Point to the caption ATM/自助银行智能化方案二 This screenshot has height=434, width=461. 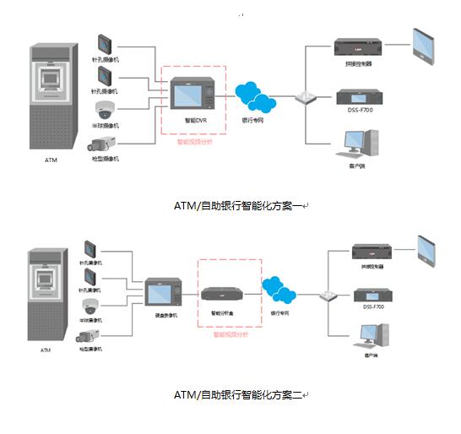click(x=239, y=394)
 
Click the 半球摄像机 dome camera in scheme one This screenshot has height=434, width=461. click(x=105, y=110)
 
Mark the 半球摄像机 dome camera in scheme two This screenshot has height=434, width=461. click(x=91, y=307)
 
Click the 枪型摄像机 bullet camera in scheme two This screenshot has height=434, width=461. click(x=91, y=336)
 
